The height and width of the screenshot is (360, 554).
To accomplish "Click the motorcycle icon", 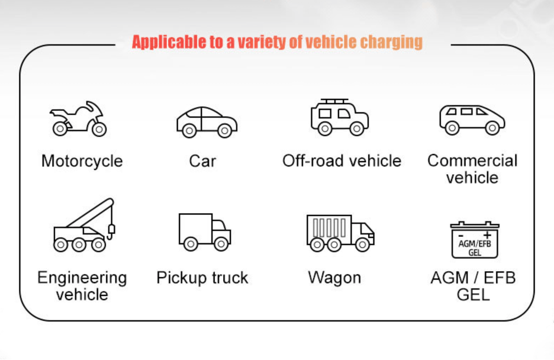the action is tap(78, 119).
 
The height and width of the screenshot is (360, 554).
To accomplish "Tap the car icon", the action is tap(207, 122).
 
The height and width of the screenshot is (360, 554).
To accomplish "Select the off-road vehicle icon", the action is tap(340, 117).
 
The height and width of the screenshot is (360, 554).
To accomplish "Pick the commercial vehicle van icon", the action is tap(472, 120).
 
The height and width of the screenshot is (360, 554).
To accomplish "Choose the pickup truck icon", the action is tap(205, 232).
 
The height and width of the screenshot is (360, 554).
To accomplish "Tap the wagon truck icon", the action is tap(340, 233).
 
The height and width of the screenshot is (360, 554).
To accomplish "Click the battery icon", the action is tap(475, 240).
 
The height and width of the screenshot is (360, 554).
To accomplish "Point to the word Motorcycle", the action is tap(82, 161).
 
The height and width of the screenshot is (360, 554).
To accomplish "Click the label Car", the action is tap(202, 161).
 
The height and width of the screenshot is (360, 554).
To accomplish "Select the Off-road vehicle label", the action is tap(342, 160).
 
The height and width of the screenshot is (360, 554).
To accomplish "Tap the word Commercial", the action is tap(472, 160).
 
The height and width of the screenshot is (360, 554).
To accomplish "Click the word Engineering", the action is tap(82, 278).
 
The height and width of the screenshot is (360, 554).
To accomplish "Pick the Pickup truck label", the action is tap(202, 278).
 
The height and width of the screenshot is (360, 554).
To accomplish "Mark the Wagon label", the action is tap(334, 278).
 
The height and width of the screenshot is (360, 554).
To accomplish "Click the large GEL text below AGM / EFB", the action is tap(473, 295).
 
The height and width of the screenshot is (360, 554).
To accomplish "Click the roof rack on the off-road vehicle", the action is tap(334, 101).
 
